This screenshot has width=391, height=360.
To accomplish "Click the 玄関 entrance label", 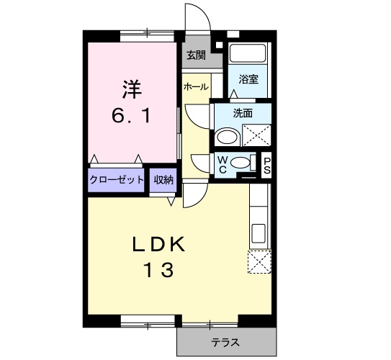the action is tap(197, 55).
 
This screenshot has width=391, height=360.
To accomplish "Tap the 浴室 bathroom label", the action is tap(248, 79).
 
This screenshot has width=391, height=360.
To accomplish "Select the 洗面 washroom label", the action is tap(243, 114).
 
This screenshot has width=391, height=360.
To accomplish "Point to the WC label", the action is tap(223, 165).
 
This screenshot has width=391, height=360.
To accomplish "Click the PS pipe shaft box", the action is tap(266, 166).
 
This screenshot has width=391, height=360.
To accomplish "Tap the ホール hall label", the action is tap(196, 87).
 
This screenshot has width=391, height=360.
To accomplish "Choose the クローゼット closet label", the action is tap(117, 179).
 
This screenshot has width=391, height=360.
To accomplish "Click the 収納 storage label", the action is tap(163, 179).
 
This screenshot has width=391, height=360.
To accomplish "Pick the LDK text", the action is tap(158, 244).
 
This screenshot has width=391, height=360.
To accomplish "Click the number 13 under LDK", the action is tap(158, 270).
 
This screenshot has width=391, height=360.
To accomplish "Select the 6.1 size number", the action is tap(132, 116).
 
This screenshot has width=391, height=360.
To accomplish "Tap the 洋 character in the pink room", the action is tap(132, 89).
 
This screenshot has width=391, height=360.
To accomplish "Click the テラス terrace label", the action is tap(225, 342).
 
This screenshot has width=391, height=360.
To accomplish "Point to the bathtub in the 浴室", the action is tap(247, 53).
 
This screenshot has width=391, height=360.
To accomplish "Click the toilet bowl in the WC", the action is tap(240, 163).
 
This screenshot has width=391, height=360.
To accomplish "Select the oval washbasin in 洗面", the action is tap(227, 137).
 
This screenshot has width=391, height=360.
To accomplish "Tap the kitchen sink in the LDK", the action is tap(258, 233).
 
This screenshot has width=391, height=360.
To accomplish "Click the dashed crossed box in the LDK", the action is tap(259, 262).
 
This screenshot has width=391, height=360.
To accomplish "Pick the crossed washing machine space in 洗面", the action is tap(257, 135).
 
